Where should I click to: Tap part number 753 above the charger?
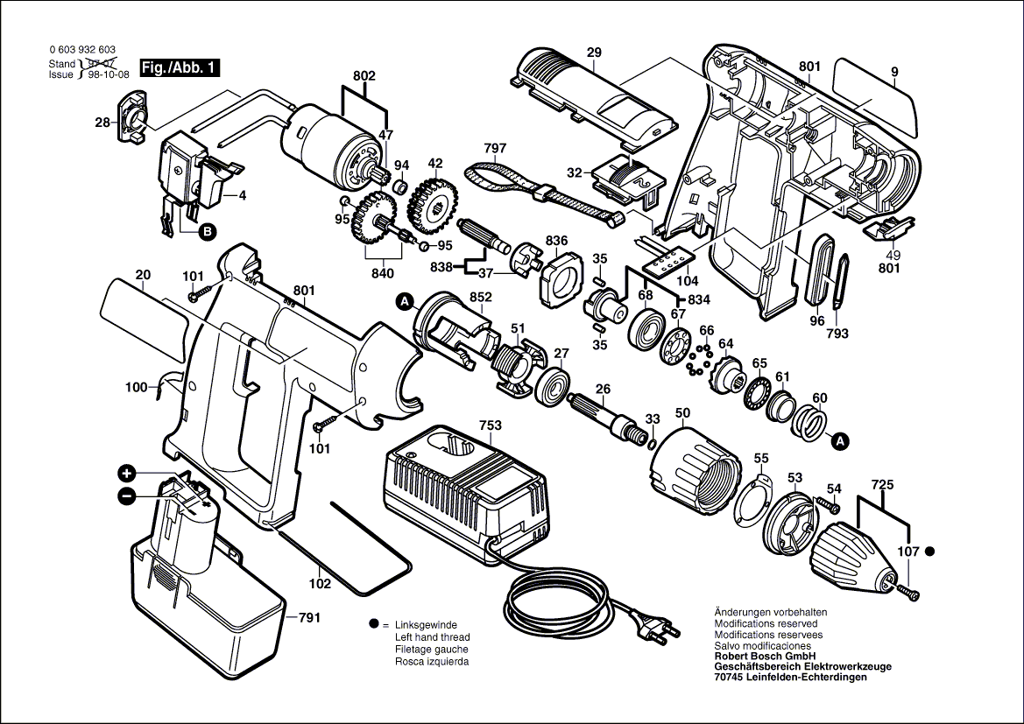(x=491, y=425)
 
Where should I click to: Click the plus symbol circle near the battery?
(x=127, y=474)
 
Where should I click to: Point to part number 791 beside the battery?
(x=309, y=618)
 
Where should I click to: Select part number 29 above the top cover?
(x=594, y=53)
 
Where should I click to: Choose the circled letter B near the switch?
(x=207, y=232)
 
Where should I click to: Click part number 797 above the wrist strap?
(x=495, y=149)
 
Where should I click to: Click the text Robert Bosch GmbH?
(x=765, y=656)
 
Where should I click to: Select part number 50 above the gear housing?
(x=682, y=412)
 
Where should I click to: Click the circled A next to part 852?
(x=405, y=302)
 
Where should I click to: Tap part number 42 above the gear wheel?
(x=434, y=164)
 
